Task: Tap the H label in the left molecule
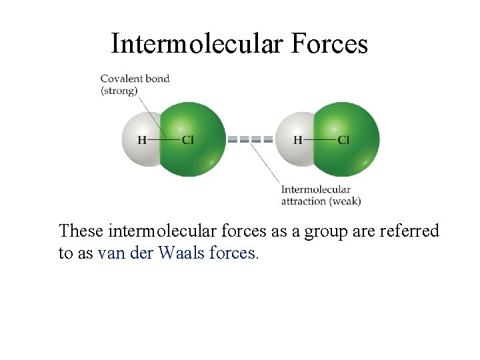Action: [142, 140]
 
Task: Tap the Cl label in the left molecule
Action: [188, 140]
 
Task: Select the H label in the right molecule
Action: [297, 140]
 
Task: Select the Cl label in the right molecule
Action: [343, 140]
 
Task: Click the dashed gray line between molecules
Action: [250, 140]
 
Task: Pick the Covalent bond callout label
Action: [135, 79]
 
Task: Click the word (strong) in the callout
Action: [119, 91]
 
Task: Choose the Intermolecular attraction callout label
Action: [315, 190]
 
